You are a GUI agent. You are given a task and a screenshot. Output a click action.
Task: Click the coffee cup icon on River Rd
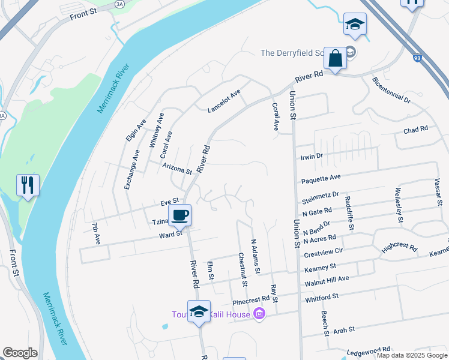click(179, 215)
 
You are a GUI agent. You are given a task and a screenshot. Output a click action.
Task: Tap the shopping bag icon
click(335, 58)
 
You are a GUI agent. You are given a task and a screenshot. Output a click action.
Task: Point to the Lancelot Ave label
click(223, 101)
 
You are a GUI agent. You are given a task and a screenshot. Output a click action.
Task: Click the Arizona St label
click(176, 167)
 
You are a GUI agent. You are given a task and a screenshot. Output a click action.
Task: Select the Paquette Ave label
click(321, 178)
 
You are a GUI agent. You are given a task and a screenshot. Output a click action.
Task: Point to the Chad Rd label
click(415, 129)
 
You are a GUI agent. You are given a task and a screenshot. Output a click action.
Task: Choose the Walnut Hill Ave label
click(327, 279)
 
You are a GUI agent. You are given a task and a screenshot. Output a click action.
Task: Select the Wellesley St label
click(398, 205)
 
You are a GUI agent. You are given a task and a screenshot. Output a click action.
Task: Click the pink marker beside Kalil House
click(259, 314)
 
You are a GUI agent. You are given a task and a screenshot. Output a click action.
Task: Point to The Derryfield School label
click(294, 53)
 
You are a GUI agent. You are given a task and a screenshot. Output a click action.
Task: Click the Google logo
click(20, 353)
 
